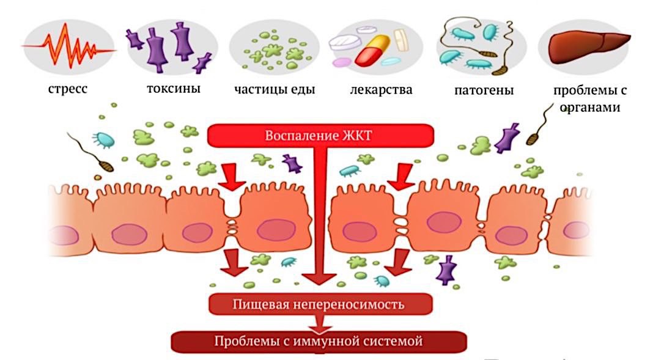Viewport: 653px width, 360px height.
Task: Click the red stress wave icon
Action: point(68,46)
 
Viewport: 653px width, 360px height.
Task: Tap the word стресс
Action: point(68,89)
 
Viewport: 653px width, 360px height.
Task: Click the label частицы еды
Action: point(275,89)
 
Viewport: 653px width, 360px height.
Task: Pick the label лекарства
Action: point(381,90)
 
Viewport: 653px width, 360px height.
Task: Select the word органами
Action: point(591,107)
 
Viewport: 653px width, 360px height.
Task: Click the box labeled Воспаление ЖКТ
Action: point(319,135)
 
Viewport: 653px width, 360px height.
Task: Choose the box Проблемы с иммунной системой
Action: point(319,340)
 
